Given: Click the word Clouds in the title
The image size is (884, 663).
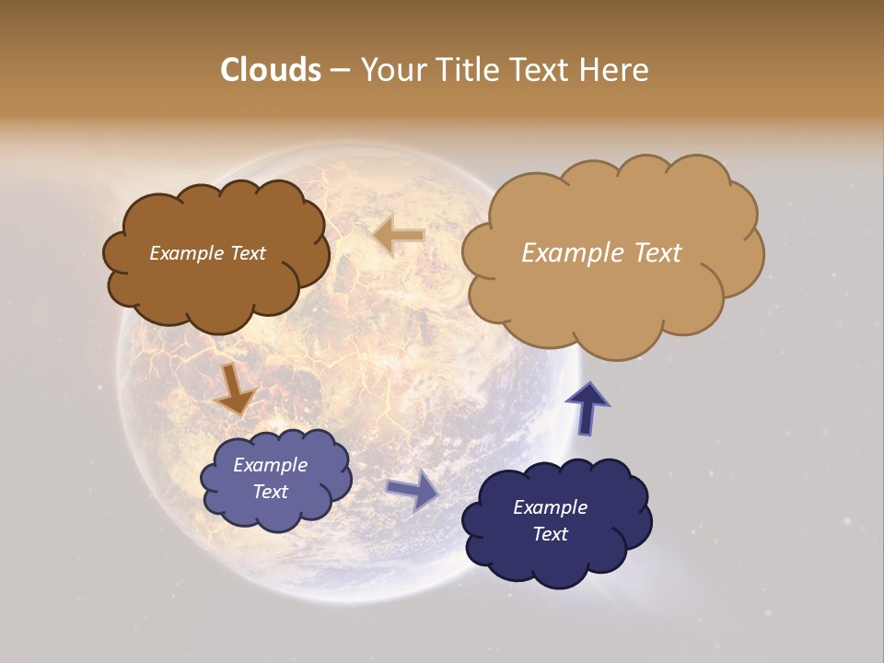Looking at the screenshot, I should click(x=270, y=70).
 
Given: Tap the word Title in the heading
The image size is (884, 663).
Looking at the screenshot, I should click(x=464, y=70).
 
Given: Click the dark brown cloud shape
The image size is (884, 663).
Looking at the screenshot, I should click(x=216, y=285).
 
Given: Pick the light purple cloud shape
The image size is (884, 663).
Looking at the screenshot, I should click(x=276, y=511).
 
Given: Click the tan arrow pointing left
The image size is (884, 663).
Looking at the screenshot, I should click(x=400, y=236).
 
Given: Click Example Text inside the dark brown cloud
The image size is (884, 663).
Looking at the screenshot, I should click(x=207, y=253).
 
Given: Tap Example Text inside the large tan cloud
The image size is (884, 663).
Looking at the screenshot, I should click(x=601, y=253).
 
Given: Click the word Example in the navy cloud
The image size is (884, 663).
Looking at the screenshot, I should click(x=550, y=507).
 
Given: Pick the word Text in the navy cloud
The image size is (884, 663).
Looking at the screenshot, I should click(x=550, y=534).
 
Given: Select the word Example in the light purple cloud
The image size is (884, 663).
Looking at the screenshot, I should click(x=270, y=465).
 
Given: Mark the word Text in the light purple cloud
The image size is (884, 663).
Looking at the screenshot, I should click(x=270, y=492).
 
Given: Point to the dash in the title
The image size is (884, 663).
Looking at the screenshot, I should click(x=339, y=71).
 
